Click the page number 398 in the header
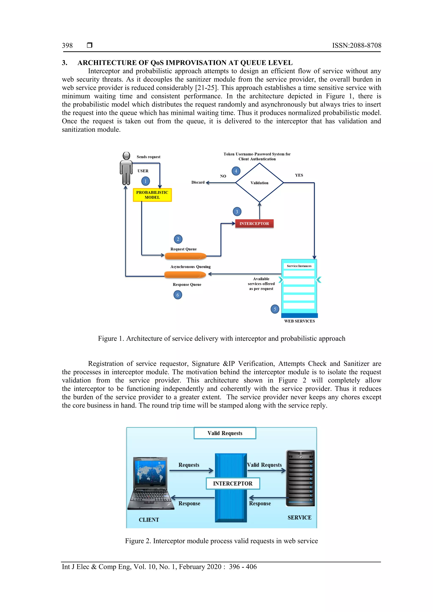point(67,46)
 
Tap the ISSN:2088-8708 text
point(356,46)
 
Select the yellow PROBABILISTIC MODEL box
point(152,195)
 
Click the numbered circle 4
point(236,171)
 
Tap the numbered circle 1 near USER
point(145,181)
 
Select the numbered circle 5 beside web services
point(275,309)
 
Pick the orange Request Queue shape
point(185,256)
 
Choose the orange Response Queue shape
point(185,275)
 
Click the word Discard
point(198,182)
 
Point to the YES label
point(299,175)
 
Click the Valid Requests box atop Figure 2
point(225,433)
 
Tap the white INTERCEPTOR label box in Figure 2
point(233,484)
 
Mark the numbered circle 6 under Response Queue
point(178,295)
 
